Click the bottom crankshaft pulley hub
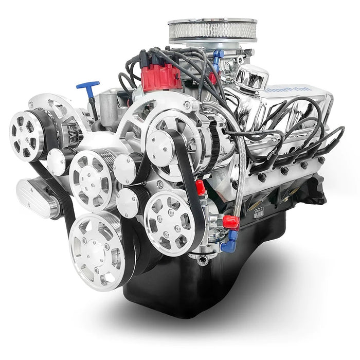click(x=98, y=252)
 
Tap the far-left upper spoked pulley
click(x=26, y=135)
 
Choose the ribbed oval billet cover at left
click(x=36, y=198)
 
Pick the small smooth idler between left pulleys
click(x=57, y=162)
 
